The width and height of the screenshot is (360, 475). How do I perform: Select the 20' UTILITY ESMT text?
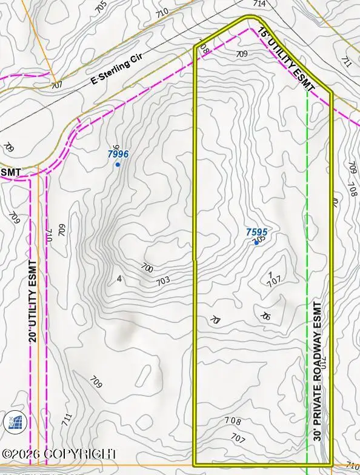tap(33, 302)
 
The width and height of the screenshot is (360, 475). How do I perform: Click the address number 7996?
tap(118, 154)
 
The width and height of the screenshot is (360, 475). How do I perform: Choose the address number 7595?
tap(256, 232)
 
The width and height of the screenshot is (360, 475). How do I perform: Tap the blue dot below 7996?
tap(118, 165)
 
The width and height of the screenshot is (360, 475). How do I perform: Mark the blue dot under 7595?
tap(256, 242)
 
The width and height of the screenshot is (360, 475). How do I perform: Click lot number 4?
tap(120, 279)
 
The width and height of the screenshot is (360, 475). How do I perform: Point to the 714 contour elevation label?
tap(259, 4)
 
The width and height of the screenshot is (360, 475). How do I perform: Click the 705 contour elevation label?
tap(101, 5)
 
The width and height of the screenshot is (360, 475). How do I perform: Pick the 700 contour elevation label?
tap(147, 268)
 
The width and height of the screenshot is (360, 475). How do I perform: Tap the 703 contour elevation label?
tap(162, 281)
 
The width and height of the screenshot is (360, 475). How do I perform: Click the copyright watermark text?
tap(59, 454)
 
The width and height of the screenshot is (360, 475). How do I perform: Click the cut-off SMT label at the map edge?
tap(11, 173)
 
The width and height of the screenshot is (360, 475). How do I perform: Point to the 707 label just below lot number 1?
tap(275, 282)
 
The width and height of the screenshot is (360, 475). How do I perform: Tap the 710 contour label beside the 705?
tap(162, 12)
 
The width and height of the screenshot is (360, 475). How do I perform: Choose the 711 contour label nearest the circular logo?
tap(67, 418)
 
